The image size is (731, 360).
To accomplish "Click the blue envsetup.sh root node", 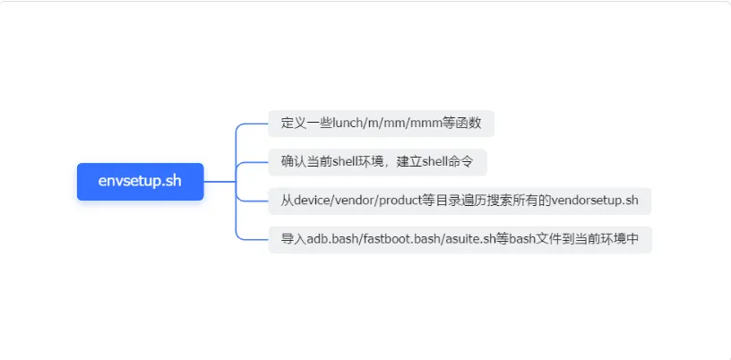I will click(140, 181).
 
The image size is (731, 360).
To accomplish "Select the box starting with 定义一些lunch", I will click(381, 124).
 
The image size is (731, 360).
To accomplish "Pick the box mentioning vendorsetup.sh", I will click(459, 201).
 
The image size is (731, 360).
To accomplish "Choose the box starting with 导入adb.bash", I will click(460, 239).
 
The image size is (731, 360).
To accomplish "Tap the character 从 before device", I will click(288, 201).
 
